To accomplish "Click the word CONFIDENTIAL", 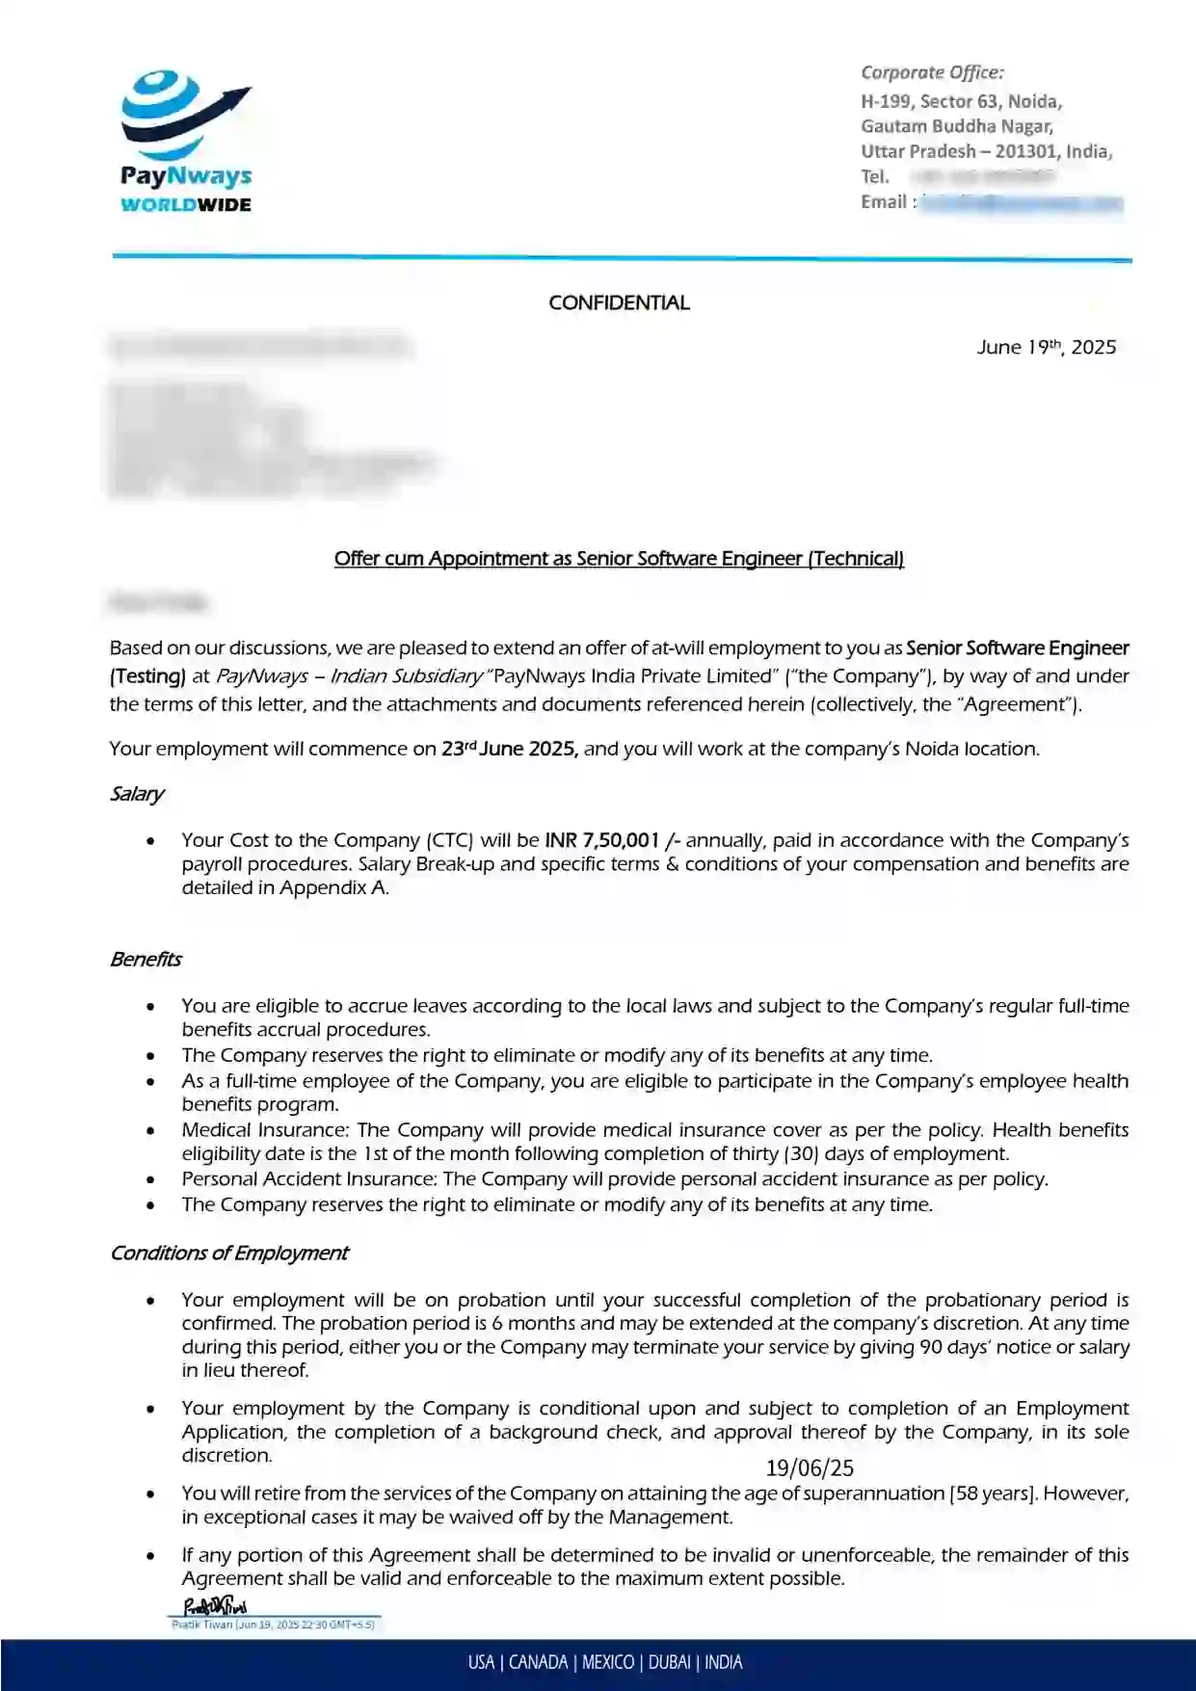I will (x=619, y=303).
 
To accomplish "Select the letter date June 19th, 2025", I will (x=1046, y=347).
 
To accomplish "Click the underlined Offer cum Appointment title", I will (x=619, y=559).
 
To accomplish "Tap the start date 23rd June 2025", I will (x=509, y=749).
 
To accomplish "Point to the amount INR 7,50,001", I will (x=601, y=840).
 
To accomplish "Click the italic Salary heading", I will (x=136, y=794).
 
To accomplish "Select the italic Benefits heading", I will (x=146, y=960).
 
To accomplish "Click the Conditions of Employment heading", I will (x=228, y=1253).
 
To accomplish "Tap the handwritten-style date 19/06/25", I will (x=810, y=1467).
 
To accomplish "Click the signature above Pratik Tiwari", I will (x=215, y=1605).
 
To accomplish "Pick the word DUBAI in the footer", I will (x=669, y=1662).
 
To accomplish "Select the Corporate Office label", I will (x=931, y=72).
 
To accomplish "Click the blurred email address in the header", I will (x=1022, y=202).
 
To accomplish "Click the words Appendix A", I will (x=332, y=888).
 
